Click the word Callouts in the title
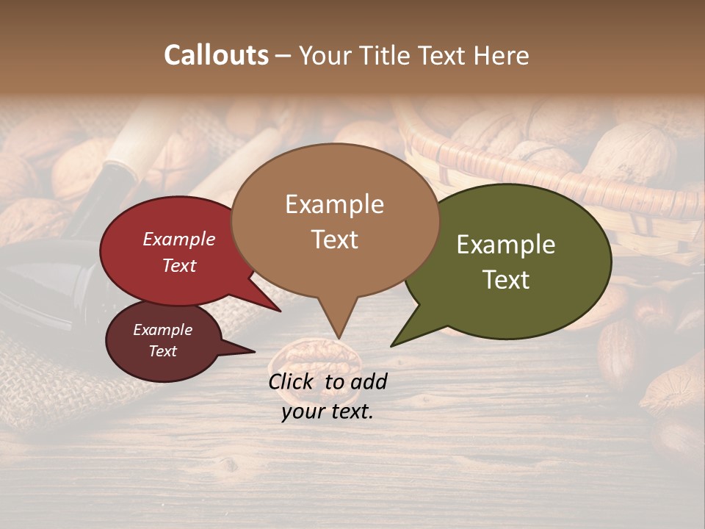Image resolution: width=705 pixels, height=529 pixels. tap(216, 55)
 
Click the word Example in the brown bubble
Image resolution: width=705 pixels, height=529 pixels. tap(334, 204)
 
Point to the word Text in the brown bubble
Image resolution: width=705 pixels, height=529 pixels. tap(334, 239)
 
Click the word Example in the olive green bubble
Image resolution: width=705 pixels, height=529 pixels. tap(506, 245)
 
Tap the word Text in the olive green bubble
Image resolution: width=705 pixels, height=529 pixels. tap(506, 279)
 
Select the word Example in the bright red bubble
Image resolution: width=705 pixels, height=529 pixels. tap(178, 239)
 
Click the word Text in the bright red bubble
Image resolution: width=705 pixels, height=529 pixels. tap(178, 265)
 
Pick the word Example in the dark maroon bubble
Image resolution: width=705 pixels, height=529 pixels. tap(162, 330)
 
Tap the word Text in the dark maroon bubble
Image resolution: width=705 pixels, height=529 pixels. tap(162, 351)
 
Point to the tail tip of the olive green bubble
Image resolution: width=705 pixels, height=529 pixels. tap(391, 345)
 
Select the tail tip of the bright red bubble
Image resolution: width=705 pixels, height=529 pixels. tap(280, 312)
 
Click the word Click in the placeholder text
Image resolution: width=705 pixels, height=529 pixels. tap(292, 381)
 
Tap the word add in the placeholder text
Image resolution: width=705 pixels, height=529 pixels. tap(369, 381)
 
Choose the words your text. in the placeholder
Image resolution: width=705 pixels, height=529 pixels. tap(327, 411)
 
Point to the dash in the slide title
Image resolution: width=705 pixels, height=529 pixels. tap(284, 56)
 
